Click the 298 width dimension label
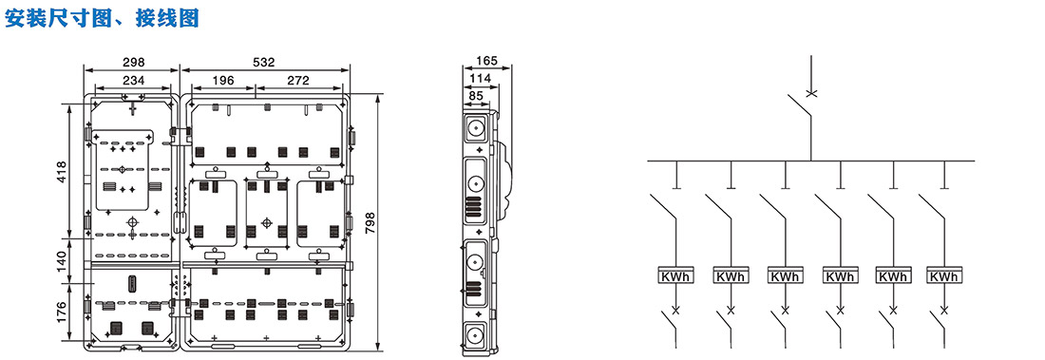click(x=133, y=62)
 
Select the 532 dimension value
click(x=264, y=62)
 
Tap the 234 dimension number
click(x=133, y=80)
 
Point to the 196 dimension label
click(x=222, y=80)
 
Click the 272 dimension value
click(x=298, y=80)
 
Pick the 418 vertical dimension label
click(x=62, y=172)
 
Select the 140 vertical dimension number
click(x=62, y=260)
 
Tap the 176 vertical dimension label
click(x=62, y=313)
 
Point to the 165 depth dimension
click(x=486, y=62)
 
